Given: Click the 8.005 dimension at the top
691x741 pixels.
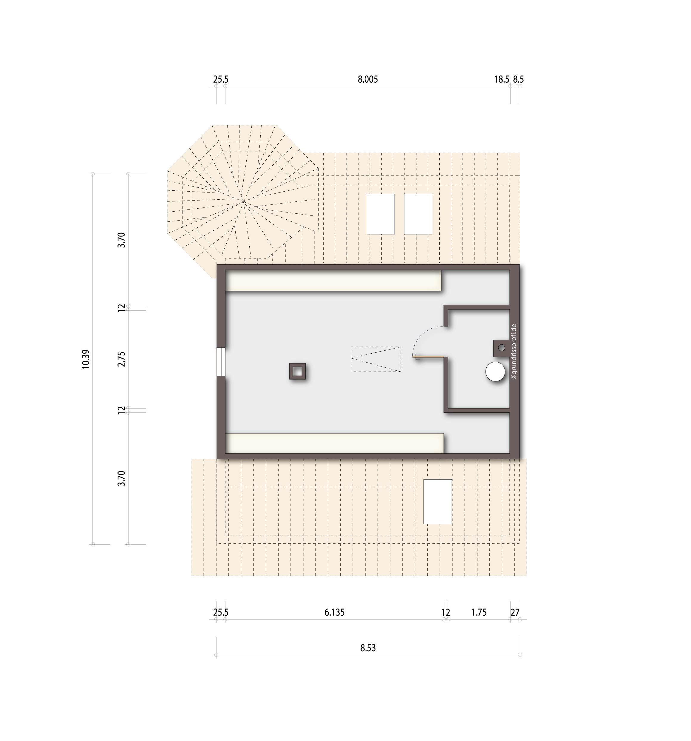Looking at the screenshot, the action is [x=368, y=79].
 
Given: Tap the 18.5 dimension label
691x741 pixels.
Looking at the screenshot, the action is [x=501, y=79].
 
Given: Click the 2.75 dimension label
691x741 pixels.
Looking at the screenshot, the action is [x=121, y=359].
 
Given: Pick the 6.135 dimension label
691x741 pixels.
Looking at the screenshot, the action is [x=334, y=612].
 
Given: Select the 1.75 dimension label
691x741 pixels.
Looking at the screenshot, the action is [x=479, y=612].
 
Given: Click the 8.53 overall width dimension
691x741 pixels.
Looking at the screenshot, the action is [x=368, y=648].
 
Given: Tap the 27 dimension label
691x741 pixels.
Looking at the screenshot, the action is [x=515, y=612].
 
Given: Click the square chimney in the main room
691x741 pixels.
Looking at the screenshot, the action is [x=297, y=371].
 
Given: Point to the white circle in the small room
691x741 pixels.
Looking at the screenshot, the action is [x=495, y=372].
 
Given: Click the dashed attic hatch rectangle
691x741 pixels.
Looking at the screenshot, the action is [x=376, y=359].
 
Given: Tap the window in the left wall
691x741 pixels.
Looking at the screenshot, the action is [x=221, y=362].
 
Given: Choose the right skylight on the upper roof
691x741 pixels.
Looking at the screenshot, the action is [x=418, y=214].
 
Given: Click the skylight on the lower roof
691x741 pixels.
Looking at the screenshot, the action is [x=438, y=502].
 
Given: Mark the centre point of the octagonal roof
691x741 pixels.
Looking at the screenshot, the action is [x=243, y=202].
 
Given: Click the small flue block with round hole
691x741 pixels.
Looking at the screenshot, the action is [x=501, y=348].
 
